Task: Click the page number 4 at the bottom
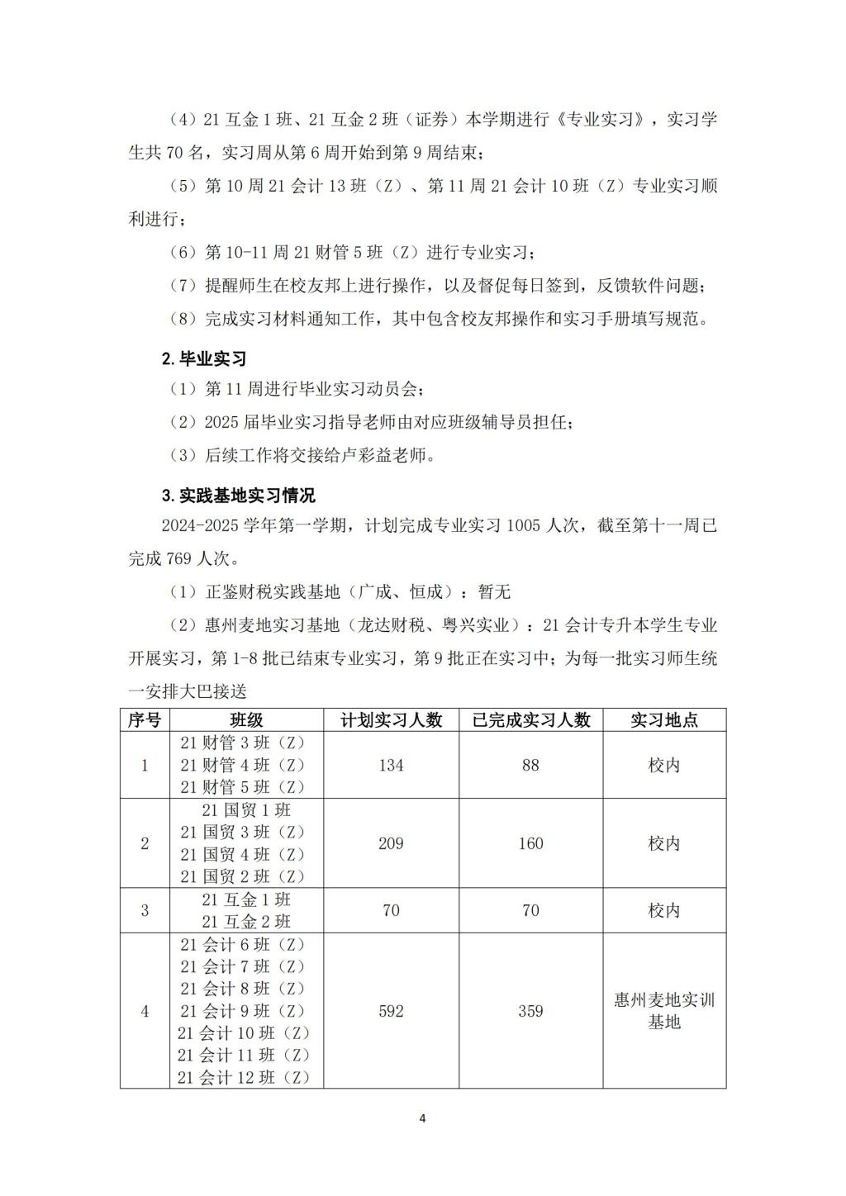422,1118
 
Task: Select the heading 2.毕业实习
203,358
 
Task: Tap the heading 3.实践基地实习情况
238,496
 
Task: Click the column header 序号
145,719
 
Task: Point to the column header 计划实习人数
391,719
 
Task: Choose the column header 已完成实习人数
530,719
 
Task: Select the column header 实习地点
664,719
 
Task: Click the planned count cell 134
391,765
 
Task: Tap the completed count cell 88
530,765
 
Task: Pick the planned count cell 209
391,843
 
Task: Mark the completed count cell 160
530,843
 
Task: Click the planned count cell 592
391,1011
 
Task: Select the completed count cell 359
530,1011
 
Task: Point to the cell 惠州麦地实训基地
664,1011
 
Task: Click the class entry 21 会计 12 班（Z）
243,1077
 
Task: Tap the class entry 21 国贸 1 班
246,810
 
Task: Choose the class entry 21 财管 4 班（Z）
243,765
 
